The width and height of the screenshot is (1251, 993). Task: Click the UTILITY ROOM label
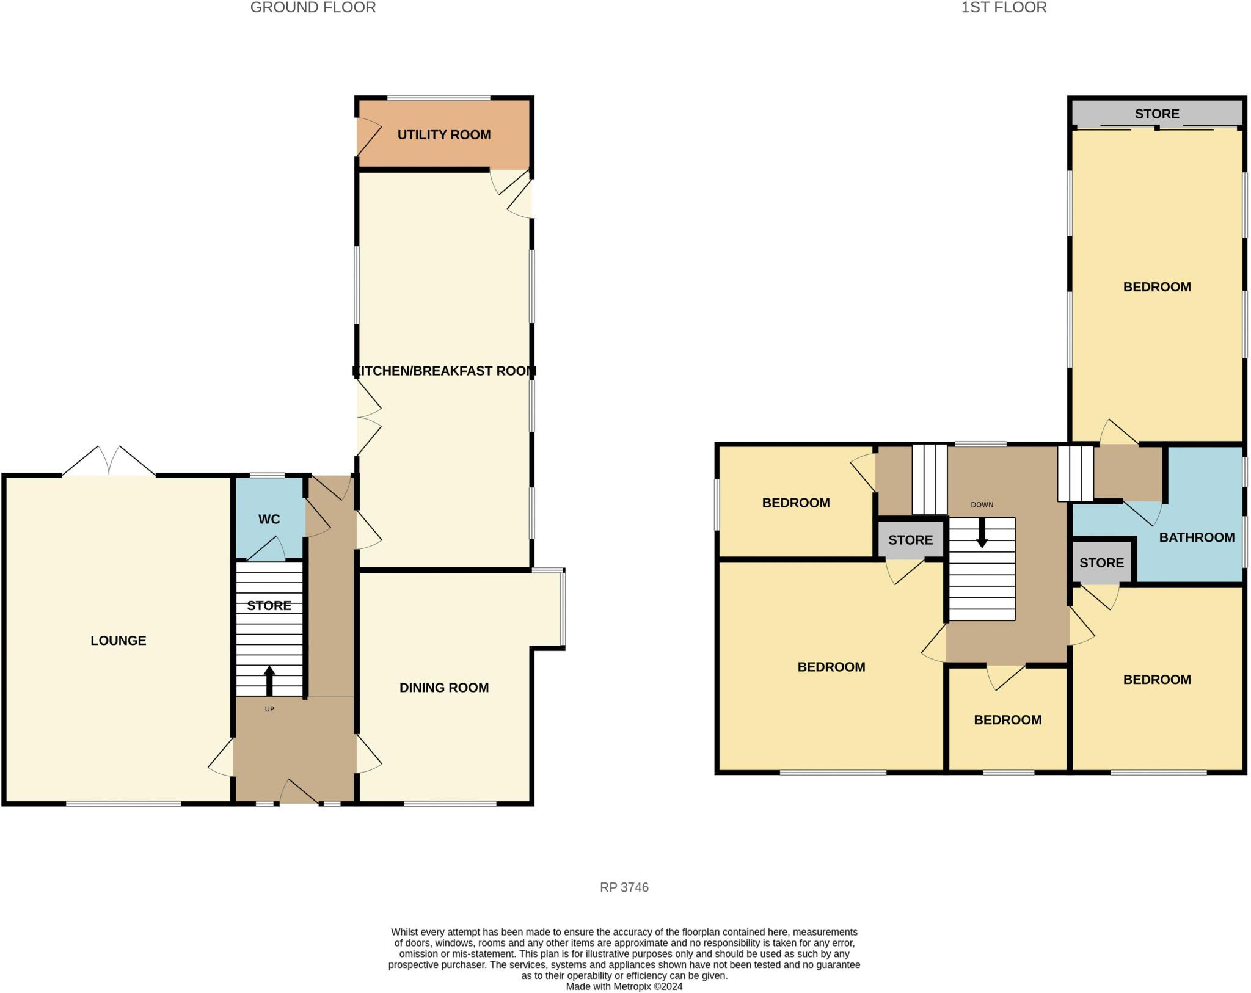(444, 135)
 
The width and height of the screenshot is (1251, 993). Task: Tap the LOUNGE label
(119, 641)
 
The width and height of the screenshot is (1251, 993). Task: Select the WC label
(269, 519)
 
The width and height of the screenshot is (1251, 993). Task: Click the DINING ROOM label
(444, 688)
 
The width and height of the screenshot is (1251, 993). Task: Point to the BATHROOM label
(1197, 537)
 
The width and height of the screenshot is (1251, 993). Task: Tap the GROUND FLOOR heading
(313, 7)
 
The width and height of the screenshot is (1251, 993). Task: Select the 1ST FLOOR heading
(1004, 7)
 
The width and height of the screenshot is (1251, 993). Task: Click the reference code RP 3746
(624, 887)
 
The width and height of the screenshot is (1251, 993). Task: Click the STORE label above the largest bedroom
(1157, 114)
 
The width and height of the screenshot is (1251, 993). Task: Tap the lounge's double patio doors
(109, 462)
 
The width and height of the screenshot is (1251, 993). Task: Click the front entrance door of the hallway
(299, 793)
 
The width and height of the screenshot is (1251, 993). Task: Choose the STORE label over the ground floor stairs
(269, 605)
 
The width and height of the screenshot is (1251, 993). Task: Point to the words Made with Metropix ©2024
(624, 986)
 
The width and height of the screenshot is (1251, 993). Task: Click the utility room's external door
(368, 136)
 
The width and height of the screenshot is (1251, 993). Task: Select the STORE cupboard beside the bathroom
(1101, 562)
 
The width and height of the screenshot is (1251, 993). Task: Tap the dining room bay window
(563, 608)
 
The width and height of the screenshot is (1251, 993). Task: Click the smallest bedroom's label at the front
(1007, 720)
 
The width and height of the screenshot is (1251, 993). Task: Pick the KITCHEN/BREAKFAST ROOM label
(444, 371)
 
